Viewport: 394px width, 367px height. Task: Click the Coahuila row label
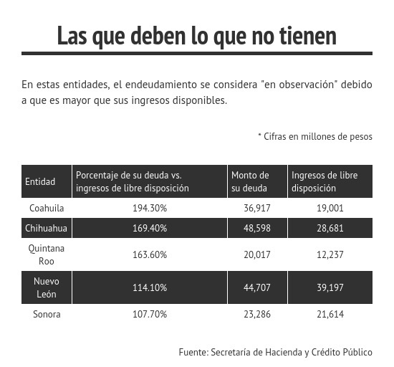pos(47,208)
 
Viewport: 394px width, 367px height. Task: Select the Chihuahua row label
pos(47,228)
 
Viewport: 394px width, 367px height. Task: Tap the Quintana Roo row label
pos(47,254)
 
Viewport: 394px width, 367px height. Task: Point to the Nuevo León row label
pos(47,287)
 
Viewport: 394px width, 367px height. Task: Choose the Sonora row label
pos(47,314)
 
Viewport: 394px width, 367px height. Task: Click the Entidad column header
pos(40,181)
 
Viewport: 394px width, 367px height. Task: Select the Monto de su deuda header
pos(250,181)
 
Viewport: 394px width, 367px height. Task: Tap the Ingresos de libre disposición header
pos(325,181)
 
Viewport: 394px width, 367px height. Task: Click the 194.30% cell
pos(150,208)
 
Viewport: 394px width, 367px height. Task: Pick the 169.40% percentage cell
pos(150,228)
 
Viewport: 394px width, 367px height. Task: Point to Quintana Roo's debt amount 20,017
pos(257,254)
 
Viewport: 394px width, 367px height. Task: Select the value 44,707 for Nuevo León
pos(257,287)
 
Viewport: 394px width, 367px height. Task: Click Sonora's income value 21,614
pos(330,314)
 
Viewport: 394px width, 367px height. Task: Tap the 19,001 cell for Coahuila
pos(330,208)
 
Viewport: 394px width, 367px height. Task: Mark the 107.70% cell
pos(150,314)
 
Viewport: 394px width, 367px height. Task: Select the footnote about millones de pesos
pos(315,136)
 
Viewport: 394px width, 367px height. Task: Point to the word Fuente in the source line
pos(193,352)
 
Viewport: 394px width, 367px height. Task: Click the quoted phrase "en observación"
pos(299,85)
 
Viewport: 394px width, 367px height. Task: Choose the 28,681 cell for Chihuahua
pos(330,228)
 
